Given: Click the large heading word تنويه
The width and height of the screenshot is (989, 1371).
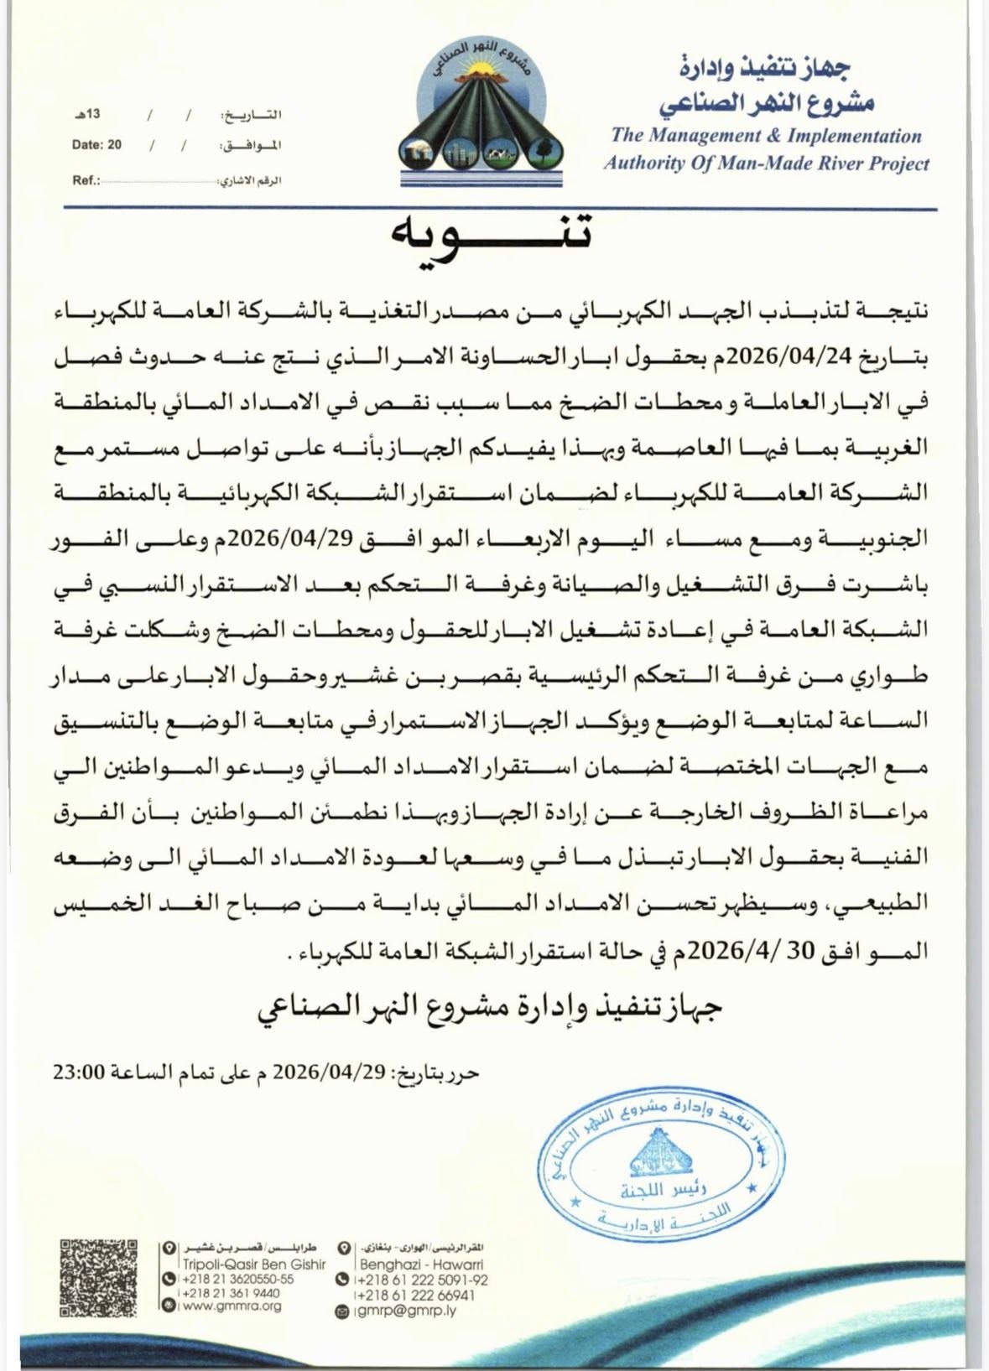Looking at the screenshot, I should pyautogui.click(x=494, y=237).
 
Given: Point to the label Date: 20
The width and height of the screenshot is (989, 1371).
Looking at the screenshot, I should pyautogui.click(x=96, y=145).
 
